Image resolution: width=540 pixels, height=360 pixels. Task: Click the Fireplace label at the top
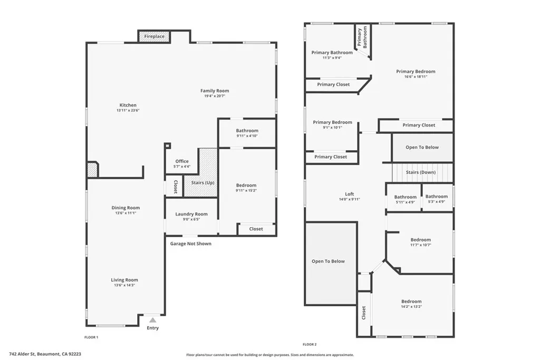(155, 36)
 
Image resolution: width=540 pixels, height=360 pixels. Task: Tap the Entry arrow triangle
(153, 320)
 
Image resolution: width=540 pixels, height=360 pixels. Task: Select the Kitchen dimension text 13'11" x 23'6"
(128, 111)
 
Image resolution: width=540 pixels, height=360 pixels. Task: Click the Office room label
(182, 161)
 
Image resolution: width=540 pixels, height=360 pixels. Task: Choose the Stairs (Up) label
(202, 182)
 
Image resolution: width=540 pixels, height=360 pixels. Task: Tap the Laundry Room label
(191, 214)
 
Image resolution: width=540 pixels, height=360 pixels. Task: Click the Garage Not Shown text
(190, 244)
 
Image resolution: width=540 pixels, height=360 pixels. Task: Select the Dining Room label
(126, 208)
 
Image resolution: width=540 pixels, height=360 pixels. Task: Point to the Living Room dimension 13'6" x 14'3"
(124, 285)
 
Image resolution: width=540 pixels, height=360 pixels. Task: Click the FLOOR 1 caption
(91, 337)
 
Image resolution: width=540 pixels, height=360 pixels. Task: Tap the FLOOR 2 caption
(309, 344)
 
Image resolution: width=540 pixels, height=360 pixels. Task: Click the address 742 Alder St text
(45, 354)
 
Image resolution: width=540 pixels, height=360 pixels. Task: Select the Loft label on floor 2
(349, 193)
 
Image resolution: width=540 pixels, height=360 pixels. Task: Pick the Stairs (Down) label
(421, 172)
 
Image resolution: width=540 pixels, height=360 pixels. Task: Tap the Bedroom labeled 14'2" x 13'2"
(411, 301)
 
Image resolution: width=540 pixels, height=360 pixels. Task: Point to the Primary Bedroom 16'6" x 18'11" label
(416, 71)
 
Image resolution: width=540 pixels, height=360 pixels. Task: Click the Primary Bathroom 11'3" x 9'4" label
(332, 52)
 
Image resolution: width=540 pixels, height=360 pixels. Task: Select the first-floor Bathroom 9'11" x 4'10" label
(247, 131)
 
